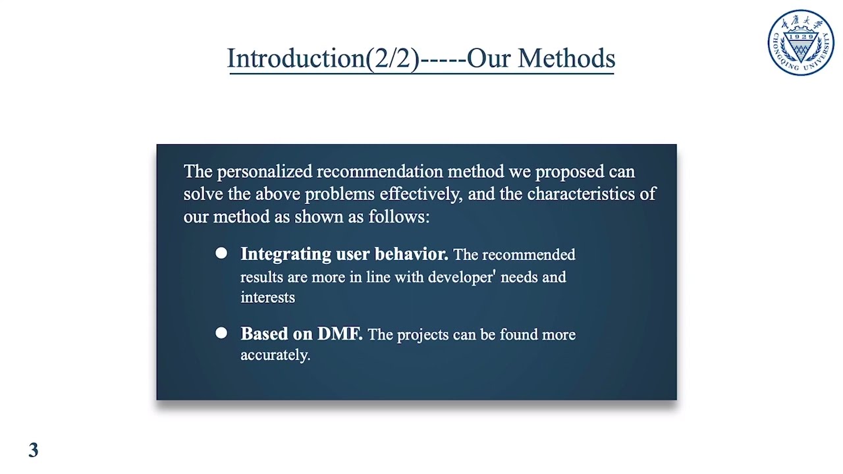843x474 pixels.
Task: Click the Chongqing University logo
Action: [x=800, y=43]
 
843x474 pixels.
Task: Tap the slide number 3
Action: [x=34, y=451]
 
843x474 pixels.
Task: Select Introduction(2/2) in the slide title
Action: [x=323, y=59]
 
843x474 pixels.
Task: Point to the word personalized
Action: [x=265, y=172]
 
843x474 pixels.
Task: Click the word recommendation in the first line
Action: [x=380, y=172]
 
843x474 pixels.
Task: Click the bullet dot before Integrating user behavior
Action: [x=221, y=253]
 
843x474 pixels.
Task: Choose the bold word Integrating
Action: [x=277, y=254]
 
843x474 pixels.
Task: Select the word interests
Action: [x=267, y=297]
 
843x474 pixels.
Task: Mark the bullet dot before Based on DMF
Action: [x=221, y=333]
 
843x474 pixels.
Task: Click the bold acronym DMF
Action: [x=340, y=334]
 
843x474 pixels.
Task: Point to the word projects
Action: [x=420, y=335]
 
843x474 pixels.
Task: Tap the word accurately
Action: [x=275, y=355]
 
